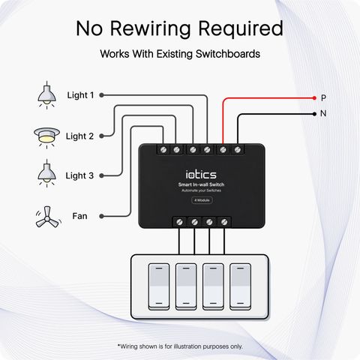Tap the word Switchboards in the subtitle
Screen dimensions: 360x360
(x=228, y=54)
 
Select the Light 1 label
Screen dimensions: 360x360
(x=80, y=95)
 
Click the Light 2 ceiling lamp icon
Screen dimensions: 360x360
(x=46, y=138)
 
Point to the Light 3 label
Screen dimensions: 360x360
(x=79, y=175)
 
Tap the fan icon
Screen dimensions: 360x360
(x=48, y=217)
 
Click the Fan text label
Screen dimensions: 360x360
(x=79, y=216)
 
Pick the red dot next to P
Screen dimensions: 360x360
(x=314, y=98)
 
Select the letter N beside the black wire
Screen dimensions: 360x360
(x=323, y=113)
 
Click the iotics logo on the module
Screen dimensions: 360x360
(x=201, y=174)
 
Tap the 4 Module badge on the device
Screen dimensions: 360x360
(x=202, y=200)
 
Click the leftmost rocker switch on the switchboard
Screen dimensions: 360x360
(x=159, y=286)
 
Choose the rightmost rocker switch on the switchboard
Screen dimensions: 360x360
(x=240, y=286)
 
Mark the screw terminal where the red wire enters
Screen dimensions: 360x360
(x=223, y=150)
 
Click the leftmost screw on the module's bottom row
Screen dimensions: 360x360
(x=179, y=222)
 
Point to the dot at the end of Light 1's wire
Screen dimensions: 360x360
(x=101, y=95)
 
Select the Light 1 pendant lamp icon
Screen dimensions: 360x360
(x=46, y=95)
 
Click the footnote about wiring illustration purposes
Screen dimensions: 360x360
(x=180, y=346)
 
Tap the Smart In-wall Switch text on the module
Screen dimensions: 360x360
(x=201, y=184)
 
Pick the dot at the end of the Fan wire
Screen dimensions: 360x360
(x=101, y=216)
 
